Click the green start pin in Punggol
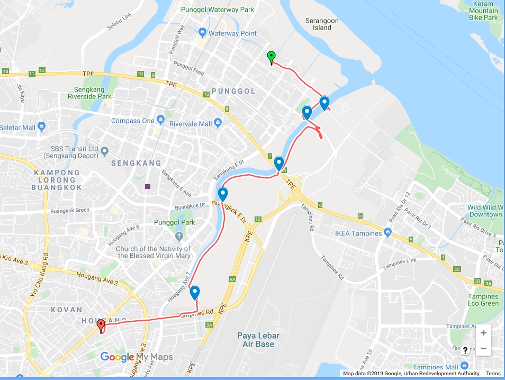[x=271, y=56]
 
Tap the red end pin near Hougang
[x=101, y=325]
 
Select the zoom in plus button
[x=483, y=332]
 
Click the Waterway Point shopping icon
[x=201, y=33]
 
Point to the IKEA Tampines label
[x=358, y=233]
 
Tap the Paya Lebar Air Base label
[x=258, y=340]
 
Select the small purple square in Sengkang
[x=147, y=186]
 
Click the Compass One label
[x=132, y=121]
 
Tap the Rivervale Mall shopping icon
[x=220, y=124]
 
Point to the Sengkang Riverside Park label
[x=89, y=93]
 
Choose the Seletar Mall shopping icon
[x=42, y=128]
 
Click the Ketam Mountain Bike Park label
[x=483, y=11]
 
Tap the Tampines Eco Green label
[x=483, y=300]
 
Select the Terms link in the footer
[x=493, y=374]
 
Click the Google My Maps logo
[x=137, y=357]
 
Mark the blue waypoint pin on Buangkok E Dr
[x=222, y=194]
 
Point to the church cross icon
[x=178, y=236]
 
